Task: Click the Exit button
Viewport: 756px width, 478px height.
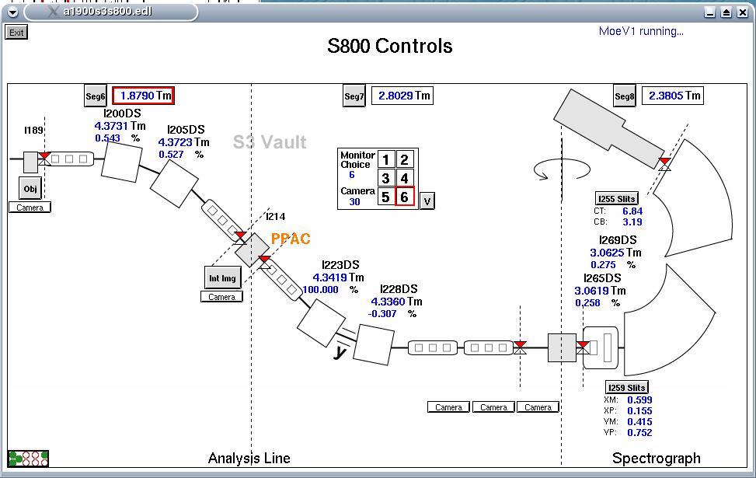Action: click(x=16, y=33)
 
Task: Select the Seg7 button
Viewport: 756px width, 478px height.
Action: click(x=354, y=96)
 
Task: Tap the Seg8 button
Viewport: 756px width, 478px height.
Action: click(x=625, y=96)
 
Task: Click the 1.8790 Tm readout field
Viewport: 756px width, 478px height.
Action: click(x=143, y=96)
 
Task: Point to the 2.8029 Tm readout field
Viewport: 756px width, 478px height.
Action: click(x=402, y=96)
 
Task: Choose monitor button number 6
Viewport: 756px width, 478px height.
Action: click(x=404, y=197)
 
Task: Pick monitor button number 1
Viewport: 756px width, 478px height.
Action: click(x=386, y=160)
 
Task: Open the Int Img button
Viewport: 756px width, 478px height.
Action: click(x=222, y=278)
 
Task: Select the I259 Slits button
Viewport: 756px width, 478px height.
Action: click(x=626, y=387)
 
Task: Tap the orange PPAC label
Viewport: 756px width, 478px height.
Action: click(x=291, y=239)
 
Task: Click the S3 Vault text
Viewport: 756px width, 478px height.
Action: click(x=270, y=142)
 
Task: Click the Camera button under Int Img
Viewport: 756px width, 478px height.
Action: click(x=221, y=297)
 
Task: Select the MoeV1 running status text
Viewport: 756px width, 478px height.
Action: click(x=641, y=31)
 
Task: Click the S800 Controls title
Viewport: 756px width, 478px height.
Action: click(x=389, y=46)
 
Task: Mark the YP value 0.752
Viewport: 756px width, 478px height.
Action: click(x=639, y=433)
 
